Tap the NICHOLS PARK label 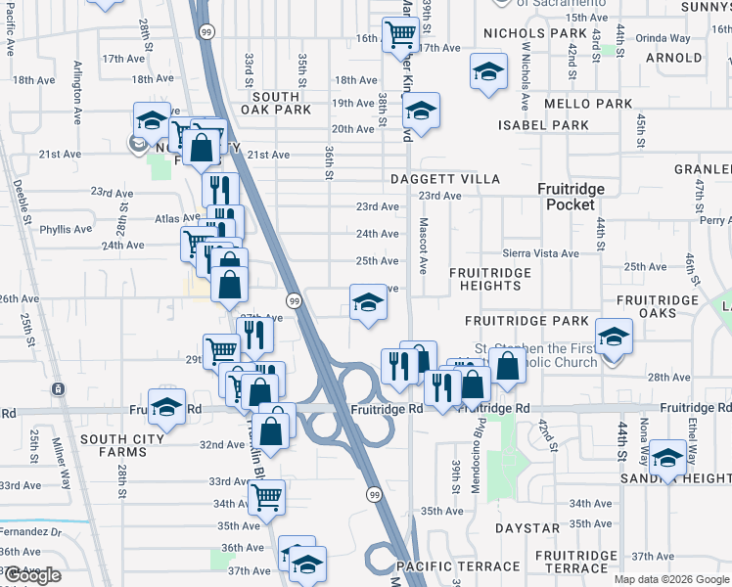534,33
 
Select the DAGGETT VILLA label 445,179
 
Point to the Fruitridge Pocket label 572,196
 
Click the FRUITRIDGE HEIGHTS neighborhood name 490,279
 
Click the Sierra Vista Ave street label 541,253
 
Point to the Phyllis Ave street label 67,229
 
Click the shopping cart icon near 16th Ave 401,35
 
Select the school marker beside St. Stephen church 614,338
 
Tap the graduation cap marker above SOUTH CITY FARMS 167,406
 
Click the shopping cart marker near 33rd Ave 266,496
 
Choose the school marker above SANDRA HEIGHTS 668,458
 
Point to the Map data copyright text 672,579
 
